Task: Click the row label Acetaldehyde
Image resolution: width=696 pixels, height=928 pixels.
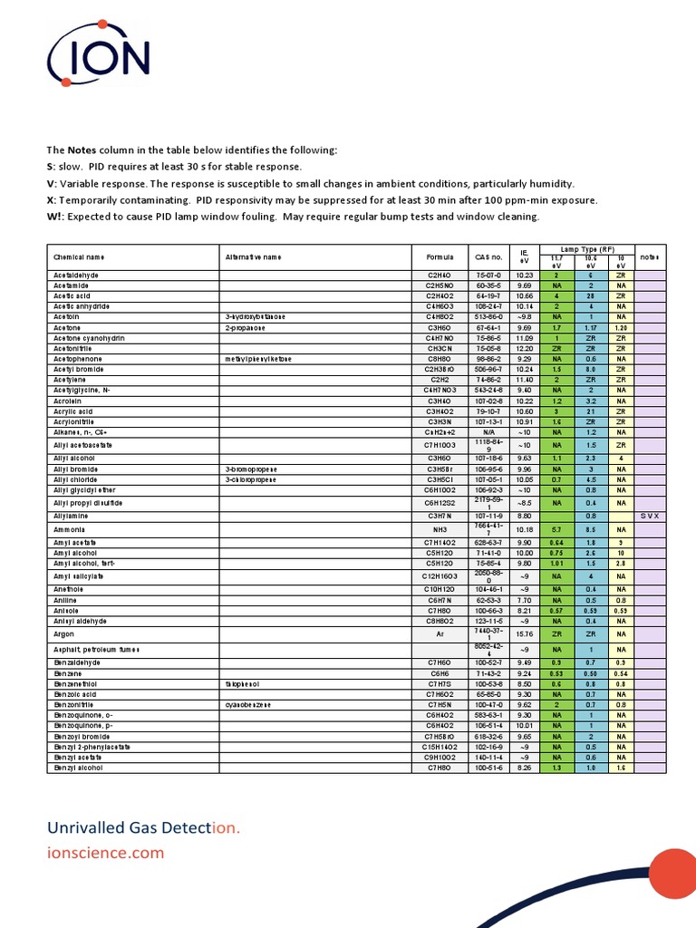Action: (76, 275)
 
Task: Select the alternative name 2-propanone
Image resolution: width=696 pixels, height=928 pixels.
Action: (246, 326)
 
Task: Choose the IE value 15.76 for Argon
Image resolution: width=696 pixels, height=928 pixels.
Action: (524, 635)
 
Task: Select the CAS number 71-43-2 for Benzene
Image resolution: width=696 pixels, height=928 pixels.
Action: (488, 674)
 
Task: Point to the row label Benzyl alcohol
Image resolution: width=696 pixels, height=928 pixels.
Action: (79, 768)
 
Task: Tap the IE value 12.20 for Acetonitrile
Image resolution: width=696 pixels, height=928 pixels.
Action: (524, 348)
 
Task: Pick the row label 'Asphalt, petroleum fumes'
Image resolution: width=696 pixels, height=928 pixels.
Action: (98, 650)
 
